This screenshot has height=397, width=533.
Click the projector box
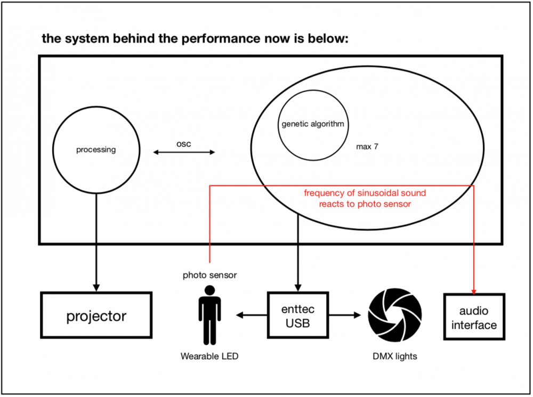click(96, 315)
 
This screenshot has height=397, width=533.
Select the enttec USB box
click(298, 315)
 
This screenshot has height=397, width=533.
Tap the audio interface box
click(474, 317)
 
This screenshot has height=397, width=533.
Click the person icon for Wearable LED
click(209, 315)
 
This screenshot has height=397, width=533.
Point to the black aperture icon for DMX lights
click(394, 315)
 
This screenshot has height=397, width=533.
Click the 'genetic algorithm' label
click(313, 124)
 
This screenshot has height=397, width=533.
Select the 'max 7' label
click(367, 147)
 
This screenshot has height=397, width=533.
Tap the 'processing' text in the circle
click(96, 150)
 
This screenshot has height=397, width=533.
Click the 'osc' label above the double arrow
click(183, 144)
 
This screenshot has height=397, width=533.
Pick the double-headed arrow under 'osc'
click(184, 152)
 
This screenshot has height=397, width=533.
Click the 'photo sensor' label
click(209, 275)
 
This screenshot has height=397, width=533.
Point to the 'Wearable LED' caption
click(209, 356)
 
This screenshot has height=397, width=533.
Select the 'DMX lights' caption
click(394, 356)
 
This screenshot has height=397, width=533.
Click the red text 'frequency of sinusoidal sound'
click(365, 193)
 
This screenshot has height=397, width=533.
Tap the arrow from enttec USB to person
click(252, 315)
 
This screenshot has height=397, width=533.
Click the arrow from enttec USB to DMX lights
click(345, 315)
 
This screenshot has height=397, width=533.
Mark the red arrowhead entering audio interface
click(473, 291)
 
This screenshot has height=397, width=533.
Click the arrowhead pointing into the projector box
click(96, 288)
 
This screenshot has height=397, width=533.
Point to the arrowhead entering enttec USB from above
click(298, 288)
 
